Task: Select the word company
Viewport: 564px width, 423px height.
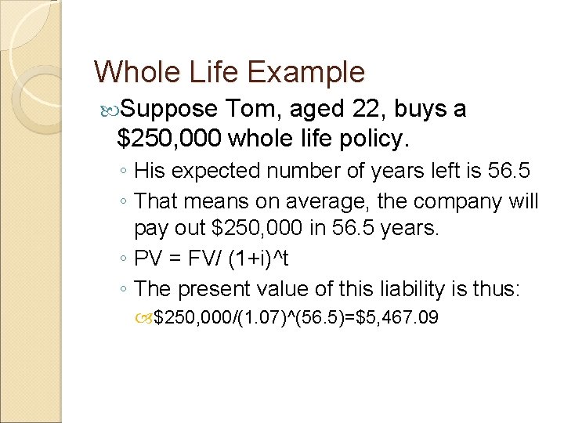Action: coord(438,201)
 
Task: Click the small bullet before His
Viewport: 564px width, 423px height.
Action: coord(125,170)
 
